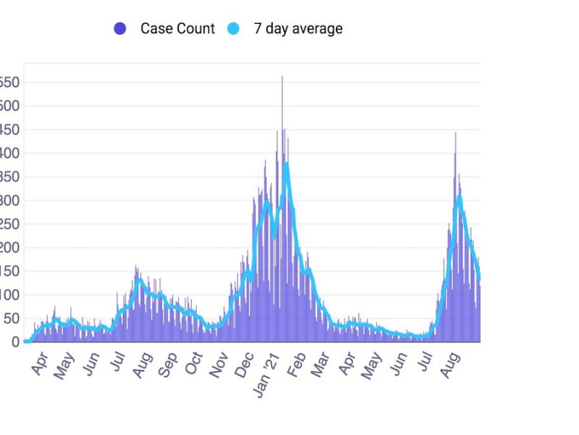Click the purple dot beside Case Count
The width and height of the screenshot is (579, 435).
[x=120, y=29]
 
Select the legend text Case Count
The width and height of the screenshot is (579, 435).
[x=177, y=29]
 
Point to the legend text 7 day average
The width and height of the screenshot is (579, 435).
[x=297, y=29]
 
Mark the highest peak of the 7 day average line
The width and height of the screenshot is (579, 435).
[x=287, y=165]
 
